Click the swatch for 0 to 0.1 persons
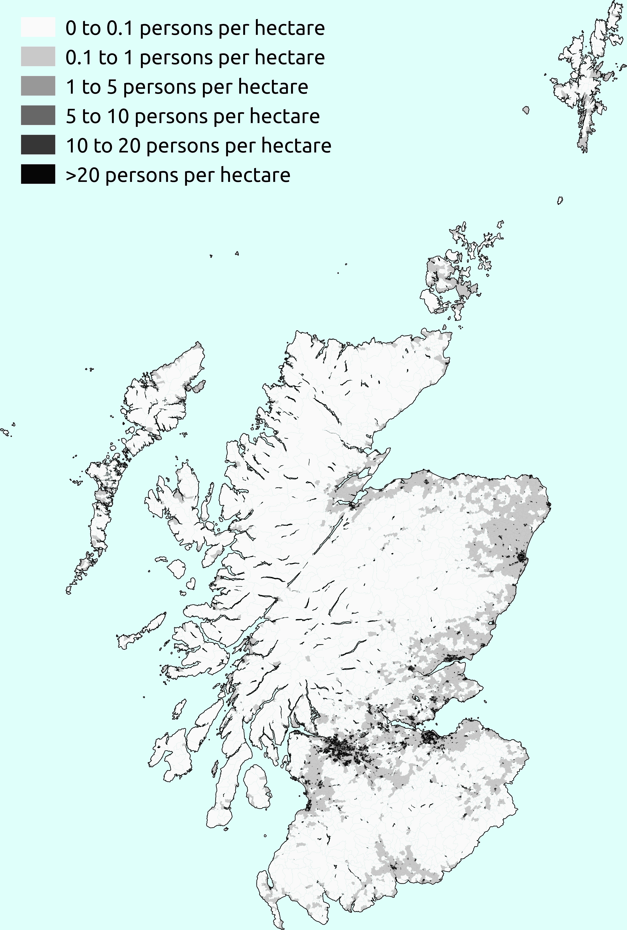(38, 27)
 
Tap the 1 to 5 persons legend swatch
(38, 86)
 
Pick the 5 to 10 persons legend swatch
(38, 115)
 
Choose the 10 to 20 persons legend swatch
(38, 145)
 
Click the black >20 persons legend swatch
(38, 174)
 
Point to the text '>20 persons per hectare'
(178, 175)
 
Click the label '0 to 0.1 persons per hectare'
(195, 28)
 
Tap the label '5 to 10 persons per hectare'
(193, 116)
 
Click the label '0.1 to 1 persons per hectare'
(195, 58)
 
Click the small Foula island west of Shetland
(526, 110)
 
